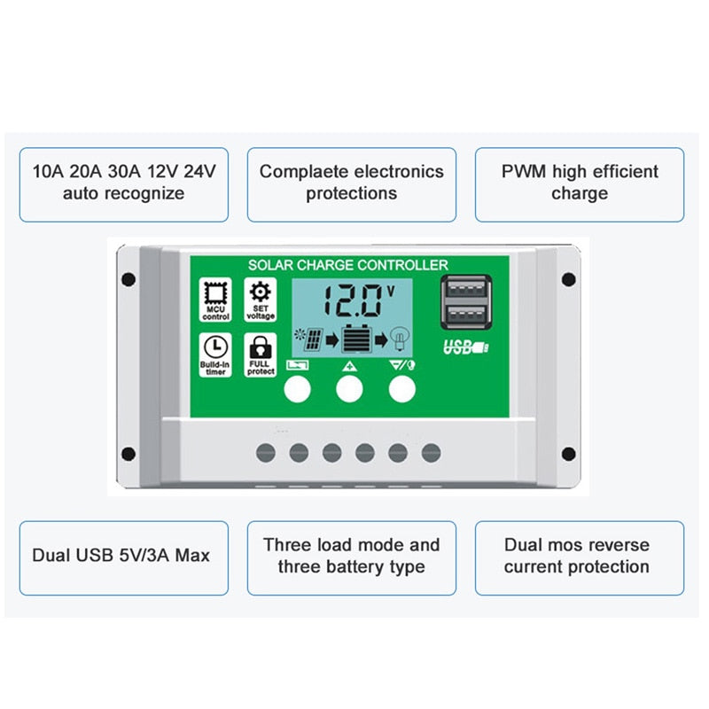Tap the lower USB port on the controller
click(466, 316)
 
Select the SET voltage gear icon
click(260, 292)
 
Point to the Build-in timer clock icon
click(215, 347)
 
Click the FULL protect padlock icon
click(260, 347)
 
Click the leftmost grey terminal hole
click(266, 453)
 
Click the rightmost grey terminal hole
click(431, 453)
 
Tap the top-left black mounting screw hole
click(129, 279)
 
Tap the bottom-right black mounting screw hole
click(568, 455)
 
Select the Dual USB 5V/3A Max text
click(121, 557)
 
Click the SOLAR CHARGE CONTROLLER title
click(347, 265)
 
